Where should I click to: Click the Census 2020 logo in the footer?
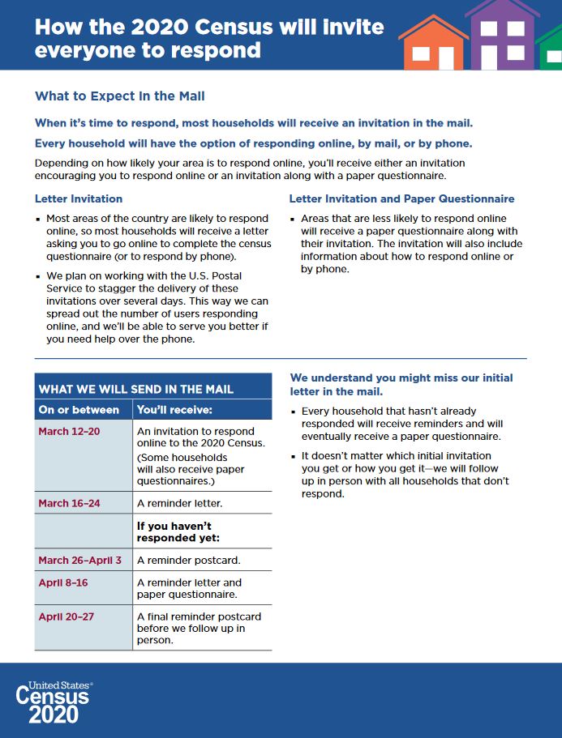pyautogui.click(x=55, y=702)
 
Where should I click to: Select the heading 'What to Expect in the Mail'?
pyautogui.click(x=119, y=96)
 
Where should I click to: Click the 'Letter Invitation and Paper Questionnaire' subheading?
pyautogui.click(x=401, y=198)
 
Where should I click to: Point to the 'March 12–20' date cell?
pyautogui.click(x=69, y=431)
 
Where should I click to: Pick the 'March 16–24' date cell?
pyautogui.click(x=69, y=503)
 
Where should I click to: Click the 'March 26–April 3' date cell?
pyautogui.click(x=79, y=560)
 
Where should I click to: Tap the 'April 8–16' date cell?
pyautogui.click(x=63, y=582)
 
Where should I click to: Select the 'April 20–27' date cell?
pyautogui.click(x=66, y=616)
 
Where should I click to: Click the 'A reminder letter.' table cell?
pyautogui.click(x=179, y=503)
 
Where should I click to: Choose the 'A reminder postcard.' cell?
pyautogui.click(x=188, y=560)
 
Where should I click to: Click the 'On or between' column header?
pyautogui.click(x=79, y=410)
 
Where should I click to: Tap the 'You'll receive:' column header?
pyautogui.click(x=174, y=410)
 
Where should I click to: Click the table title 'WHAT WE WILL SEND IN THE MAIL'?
pyautogui.click(x=135, y=389)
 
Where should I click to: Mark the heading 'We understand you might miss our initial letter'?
pyautogui.click(x=401, y=384)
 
